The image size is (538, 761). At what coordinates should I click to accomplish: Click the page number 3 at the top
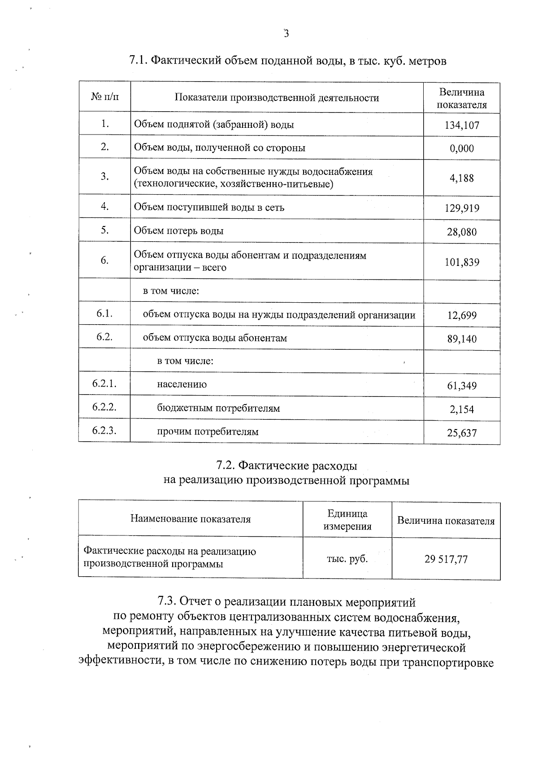pos(286,34)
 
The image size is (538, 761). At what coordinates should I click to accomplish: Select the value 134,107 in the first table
pos(462,125)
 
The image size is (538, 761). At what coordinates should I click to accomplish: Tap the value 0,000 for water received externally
pos(462,148)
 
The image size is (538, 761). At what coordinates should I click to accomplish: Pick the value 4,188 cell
pos(462,178)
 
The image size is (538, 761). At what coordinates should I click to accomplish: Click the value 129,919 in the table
pos(462,208)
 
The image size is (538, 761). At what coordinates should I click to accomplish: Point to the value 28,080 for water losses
pos(462,232)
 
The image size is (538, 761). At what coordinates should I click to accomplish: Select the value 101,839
pos(462,262)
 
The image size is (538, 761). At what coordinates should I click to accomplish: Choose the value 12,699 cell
pos(462,315)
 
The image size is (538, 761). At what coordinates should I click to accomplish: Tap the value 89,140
pos(462,339)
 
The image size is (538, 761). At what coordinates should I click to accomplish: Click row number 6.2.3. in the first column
pos(104,431)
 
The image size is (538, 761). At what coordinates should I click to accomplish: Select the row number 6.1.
pos(104,313)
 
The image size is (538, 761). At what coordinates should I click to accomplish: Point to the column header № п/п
pos(105,97)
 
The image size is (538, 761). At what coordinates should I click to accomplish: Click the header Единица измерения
pos(347,520)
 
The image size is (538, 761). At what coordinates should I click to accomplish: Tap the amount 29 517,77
pos(446,559)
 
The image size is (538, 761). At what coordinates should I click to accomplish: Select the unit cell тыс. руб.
pos(347,559)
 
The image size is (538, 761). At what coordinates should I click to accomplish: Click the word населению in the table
pos(182,384)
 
